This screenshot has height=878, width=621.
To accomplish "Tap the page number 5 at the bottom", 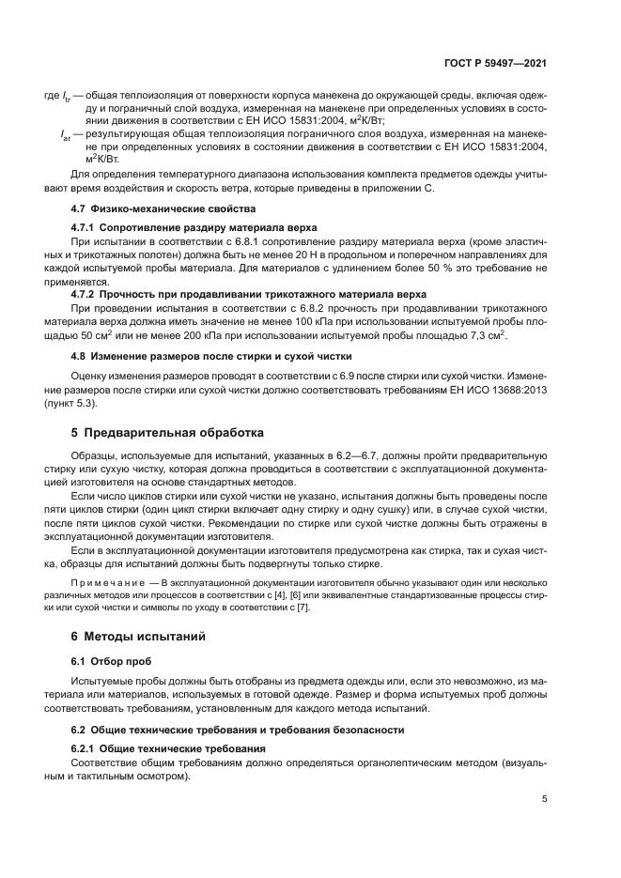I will click(x=545, y=799).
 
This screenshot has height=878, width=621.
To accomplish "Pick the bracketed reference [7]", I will click(x=302, y=608).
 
